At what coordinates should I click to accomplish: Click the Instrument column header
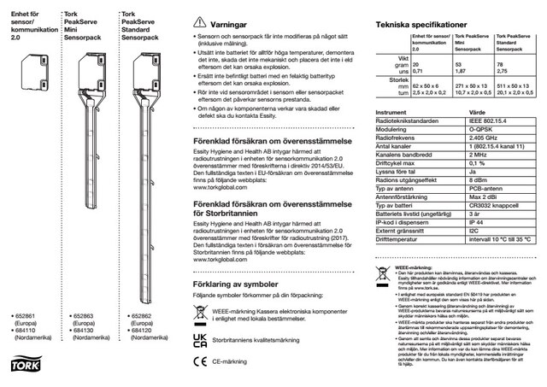(391, 137)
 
